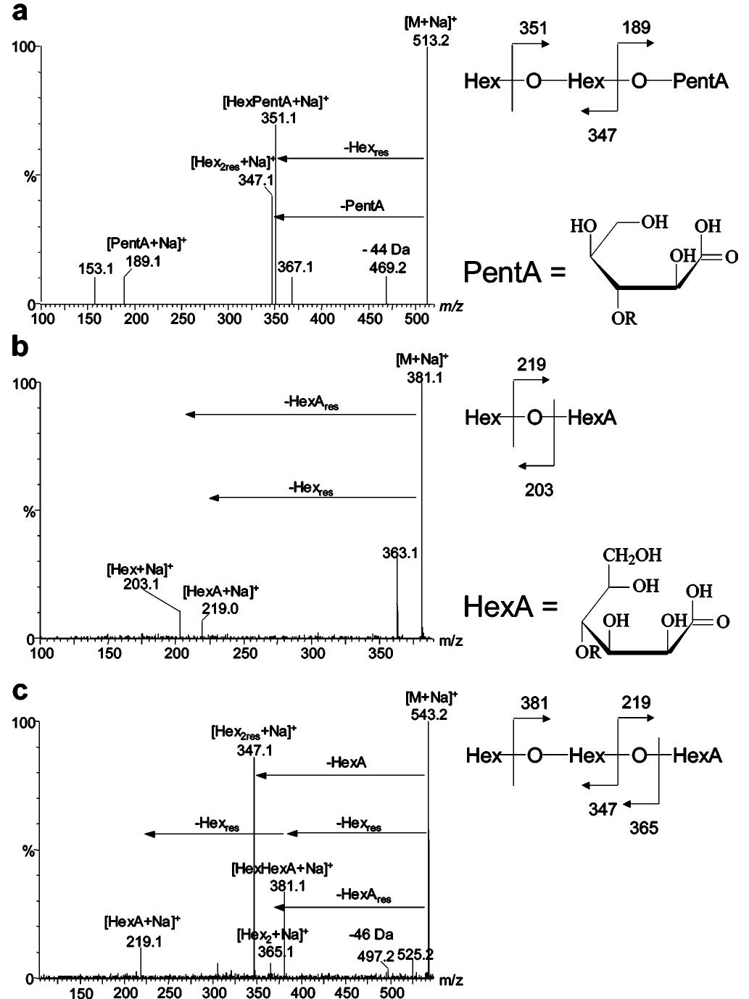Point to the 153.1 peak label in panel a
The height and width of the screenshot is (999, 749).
96,269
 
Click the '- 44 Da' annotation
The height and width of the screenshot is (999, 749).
386,250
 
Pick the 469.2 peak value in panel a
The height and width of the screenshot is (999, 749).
386,268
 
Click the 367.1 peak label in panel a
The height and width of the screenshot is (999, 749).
295,268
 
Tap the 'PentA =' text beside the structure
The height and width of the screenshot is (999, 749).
515,273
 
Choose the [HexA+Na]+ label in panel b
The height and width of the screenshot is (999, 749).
220,592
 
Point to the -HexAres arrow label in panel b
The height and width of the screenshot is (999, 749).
312,404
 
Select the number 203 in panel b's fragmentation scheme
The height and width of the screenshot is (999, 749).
539,490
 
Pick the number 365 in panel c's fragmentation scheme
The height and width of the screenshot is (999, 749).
644,827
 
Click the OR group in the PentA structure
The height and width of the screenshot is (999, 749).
624,318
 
